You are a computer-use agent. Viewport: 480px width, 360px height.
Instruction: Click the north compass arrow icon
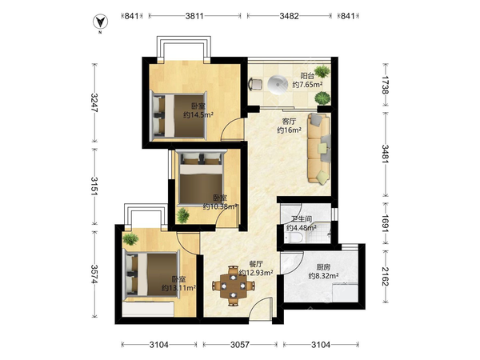click(101, 22)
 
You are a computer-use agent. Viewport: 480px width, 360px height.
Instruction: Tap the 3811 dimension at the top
click(194, 16)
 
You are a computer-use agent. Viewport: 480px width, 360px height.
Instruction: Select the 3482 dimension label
click(289, 16)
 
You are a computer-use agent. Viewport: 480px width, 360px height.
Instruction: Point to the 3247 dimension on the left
click(94, 102)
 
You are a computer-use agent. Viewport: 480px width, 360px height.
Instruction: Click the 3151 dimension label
click(94, 186)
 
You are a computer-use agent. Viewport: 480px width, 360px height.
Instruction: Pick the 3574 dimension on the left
click(94, 274)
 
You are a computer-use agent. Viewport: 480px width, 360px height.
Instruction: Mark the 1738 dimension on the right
click(386, 85)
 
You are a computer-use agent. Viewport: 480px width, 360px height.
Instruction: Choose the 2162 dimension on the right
click(386, 276)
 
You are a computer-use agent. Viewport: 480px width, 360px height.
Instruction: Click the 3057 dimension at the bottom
click(240, 345)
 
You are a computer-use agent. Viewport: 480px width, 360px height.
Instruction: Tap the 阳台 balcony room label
click(307, 76)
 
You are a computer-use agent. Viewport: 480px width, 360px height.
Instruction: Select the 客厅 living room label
click(289, 122)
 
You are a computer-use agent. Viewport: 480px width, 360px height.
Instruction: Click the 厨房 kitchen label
click(323, 267)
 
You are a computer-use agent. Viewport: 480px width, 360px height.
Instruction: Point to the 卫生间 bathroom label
click(302, 219)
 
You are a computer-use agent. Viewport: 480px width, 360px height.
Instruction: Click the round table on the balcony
click(277, 84)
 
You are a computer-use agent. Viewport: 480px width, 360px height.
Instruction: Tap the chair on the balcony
click(255, 84)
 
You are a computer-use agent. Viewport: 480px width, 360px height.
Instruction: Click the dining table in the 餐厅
click(234, 286)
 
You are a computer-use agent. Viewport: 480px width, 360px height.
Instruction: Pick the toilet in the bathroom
click(294, 238)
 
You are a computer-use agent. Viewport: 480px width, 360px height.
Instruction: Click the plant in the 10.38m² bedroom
click(182, 215)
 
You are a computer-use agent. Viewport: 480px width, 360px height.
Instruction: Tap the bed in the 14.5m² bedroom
click(178, 115)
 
